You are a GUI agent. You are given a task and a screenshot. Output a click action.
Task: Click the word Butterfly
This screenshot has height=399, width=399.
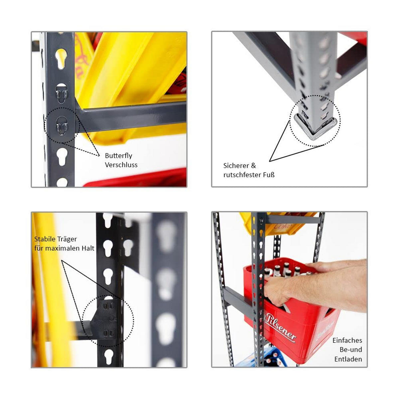[118, 156]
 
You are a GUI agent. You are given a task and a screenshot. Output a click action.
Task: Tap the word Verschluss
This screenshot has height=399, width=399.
[121, 165]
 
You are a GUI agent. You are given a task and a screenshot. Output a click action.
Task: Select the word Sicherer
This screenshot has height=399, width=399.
[236, 166]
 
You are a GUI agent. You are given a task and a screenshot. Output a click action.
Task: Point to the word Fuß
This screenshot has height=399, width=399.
[269, 175]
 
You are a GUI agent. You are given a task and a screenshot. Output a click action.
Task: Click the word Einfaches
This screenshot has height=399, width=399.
[347, 340]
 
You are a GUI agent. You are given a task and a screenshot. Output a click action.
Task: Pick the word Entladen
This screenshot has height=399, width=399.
[348, 359]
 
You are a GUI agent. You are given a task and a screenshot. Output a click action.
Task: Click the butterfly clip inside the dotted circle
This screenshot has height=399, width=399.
[62, 126]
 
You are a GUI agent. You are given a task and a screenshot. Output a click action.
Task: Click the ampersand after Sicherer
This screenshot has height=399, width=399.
[253, 166]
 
